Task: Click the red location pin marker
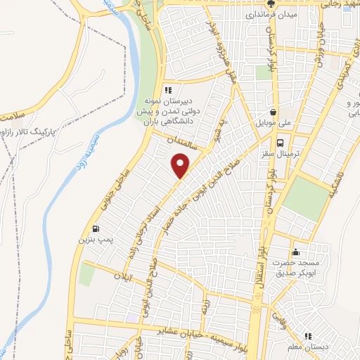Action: (181, 166)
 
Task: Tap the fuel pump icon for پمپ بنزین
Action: (95, 229)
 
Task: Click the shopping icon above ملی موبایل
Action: (274, 112)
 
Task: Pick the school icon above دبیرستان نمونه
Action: (167, 90)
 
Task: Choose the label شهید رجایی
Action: (337, 4)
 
